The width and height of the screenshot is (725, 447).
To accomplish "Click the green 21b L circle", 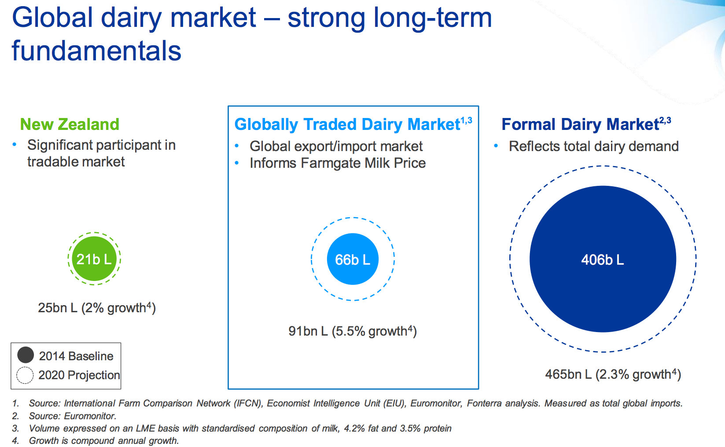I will point(94,259).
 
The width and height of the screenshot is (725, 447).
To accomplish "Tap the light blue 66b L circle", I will point(353,259).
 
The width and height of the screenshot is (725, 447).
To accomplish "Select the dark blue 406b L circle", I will point(602,259).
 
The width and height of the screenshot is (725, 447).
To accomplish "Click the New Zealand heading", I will point(70,124).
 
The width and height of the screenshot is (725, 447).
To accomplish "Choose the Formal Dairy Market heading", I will point(580,125).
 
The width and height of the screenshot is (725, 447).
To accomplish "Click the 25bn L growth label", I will point(97,307).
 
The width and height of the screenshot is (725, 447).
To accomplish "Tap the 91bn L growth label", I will point(352,331).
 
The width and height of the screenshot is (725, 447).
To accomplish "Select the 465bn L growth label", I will point(613,374).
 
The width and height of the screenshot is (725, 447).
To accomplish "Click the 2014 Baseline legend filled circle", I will point(26,355).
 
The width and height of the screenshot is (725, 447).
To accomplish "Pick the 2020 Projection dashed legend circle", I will point(25,375).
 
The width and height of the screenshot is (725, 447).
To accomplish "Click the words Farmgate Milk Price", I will point(363,163).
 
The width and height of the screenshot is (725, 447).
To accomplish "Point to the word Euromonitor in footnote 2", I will point(89,416).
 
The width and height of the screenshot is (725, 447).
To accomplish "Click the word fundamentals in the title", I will point(96,51).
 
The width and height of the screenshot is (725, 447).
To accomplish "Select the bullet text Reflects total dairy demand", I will point(593,146).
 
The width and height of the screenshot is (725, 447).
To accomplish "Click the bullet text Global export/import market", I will point(336,146).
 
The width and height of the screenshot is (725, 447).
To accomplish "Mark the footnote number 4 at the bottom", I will point(15,441).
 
